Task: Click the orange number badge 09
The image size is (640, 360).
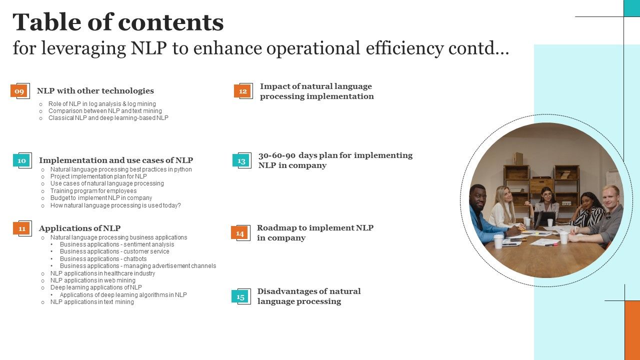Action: click(19, 91)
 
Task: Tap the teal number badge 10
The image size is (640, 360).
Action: click(21, 160)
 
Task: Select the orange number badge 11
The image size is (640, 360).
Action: click(21, 228)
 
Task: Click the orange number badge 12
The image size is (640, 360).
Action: click(242, 91)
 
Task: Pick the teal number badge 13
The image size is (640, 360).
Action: click(241, 160)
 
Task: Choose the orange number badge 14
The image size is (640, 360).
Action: click(239, 233)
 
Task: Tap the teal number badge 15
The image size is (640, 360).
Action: click(240, 296)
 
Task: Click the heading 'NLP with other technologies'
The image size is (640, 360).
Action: click(95, 91)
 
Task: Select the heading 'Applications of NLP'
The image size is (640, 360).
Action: click(79, 228)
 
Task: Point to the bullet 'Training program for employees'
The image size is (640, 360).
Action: click(93, 191)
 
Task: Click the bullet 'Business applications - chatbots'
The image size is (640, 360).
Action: click(103, 259)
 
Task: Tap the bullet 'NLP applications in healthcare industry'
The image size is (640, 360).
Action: click(102, 273)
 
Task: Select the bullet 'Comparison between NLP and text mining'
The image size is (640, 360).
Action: click(105, 111)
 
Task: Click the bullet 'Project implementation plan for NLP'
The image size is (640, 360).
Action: click(98, 176)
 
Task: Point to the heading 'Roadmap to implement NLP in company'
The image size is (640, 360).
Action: click(315, 233)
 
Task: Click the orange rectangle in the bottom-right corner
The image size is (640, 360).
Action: click(632, 330)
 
